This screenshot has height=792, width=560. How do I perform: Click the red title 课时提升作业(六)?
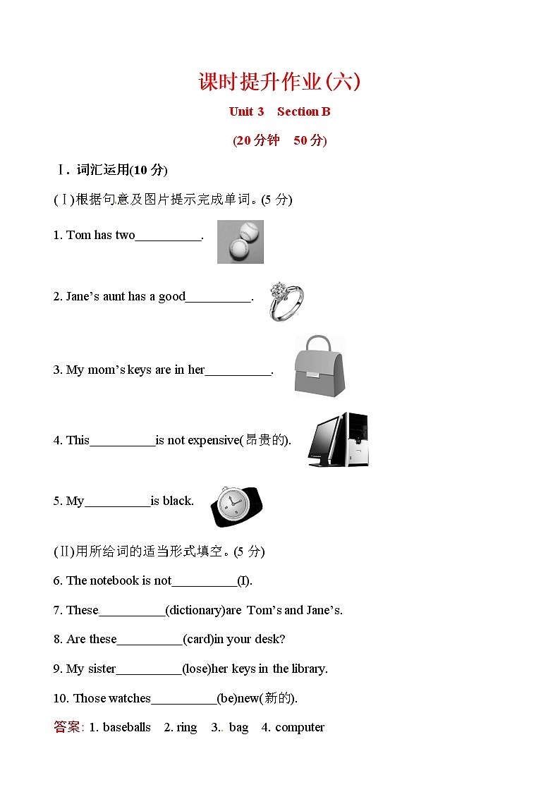(279, 83)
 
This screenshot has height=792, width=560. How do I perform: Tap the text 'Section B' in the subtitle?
(303, 111)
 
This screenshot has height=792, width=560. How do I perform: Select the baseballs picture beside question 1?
(240, 242)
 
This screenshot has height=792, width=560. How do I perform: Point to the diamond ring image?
(286, 301)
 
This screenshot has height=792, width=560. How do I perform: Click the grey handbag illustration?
(319, 365)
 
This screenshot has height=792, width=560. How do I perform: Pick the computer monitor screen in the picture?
(327, 440)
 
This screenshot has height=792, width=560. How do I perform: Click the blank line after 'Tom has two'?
(168, 236)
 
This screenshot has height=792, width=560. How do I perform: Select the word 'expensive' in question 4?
(214, 440)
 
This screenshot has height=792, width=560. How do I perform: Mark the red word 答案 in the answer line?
(68, 727)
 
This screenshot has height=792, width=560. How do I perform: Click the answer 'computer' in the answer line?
(300, 727)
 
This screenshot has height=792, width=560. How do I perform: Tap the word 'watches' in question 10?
(130, 698)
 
